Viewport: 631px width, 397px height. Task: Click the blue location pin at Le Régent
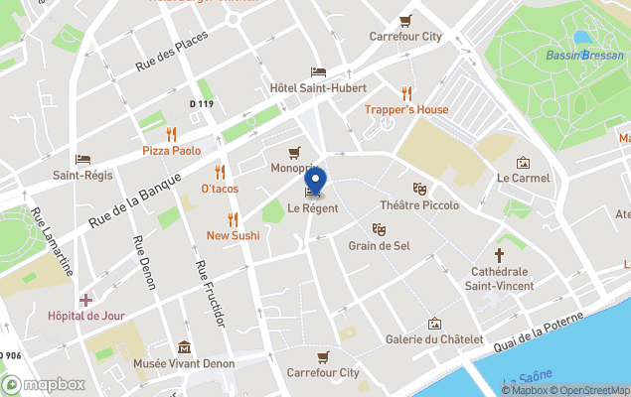coord(315,182)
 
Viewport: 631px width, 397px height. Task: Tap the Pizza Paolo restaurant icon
coord(171,134)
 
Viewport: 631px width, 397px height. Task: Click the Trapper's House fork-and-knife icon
coord(405,93)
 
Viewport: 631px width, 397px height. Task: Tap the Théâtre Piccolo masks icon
coord(419,189)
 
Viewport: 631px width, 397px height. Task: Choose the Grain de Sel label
coord(379,245)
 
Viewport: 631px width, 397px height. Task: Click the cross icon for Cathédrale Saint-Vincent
coord(500,255)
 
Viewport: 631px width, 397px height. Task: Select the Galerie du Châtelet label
coord(434,340)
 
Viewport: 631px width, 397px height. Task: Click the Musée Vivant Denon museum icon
coord(185,347)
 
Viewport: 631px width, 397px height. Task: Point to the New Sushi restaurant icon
coord(233,219)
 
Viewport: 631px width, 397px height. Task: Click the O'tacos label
coord(220,188)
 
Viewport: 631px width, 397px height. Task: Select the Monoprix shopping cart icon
coord(294,153)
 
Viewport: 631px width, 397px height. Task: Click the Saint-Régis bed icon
coord(82,159)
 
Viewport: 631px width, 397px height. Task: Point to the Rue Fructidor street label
coord(208,293)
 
